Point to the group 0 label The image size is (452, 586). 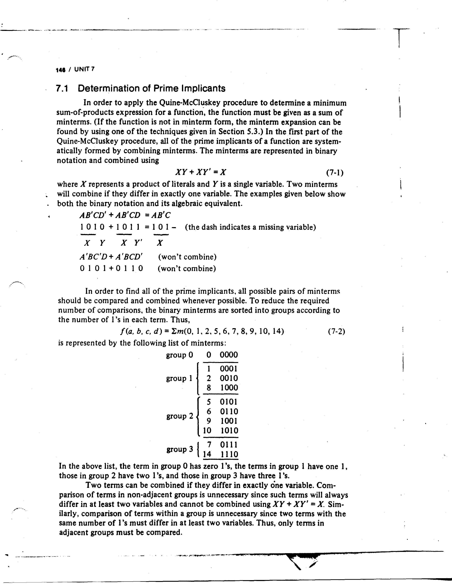click(x=179, y=355)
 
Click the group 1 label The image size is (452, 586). click(x=179, y=378)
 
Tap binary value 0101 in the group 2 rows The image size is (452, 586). click(x=229, y=402)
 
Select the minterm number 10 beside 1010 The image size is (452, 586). click(x=207, y=431)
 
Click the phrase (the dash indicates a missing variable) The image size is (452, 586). click(x=250, y=227)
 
